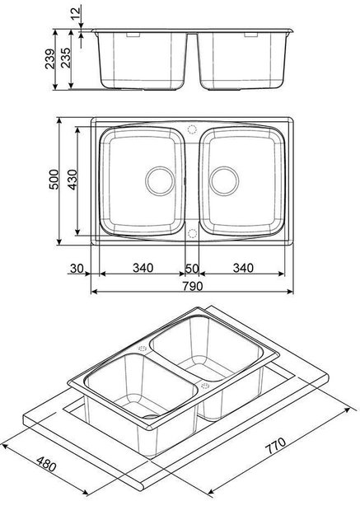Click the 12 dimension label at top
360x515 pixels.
click(x=76, y=13)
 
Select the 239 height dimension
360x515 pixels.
click(x=50, y=59)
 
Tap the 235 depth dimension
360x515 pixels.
click(x=65, y=58)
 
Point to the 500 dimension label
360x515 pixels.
click(x=54, y=180)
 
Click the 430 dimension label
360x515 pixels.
click(x=72, y=180)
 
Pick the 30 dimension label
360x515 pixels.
click(x=77, y=269)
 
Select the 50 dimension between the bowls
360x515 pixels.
click(x=192, y=269)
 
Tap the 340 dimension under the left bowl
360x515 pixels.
click(x=143, y=268)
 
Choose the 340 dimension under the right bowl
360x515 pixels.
click(x=243, y=268)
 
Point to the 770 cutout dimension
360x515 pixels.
click(x=276, y=446)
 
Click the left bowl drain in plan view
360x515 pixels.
click(x=160, y=180)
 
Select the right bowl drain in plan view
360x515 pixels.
click(x=224, y=180)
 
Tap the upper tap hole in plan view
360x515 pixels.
click(x=192, y=129)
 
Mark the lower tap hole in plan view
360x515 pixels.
click(x=192, y=233)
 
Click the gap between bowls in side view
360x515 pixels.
click(x=192, y=56)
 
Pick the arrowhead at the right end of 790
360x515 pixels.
click(x=290, y=292)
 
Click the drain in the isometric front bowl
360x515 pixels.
click(x=151, y=416)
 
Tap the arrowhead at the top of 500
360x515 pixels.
click(x=59, y=121)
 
